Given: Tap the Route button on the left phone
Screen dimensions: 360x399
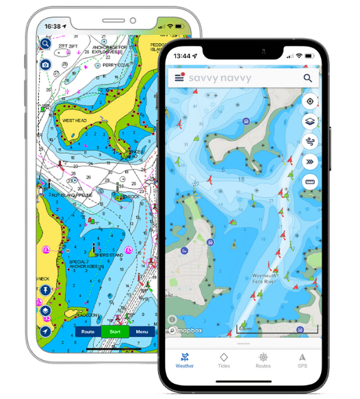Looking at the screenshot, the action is pyautogui.click(x=88, y=331).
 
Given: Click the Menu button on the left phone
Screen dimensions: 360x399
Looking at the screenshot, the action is pyautogui.click(x=142, y=331).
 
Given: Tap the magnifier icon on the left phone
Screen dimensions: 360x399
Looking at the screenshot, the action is pyautogui.click(x=45, y=44).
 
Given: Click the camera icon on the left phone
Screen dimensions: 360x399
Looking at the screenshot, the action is pyautogui.click(x=45, y=64).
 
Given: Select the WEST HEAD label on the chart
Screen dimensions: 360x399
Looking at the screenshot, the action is pyautogui.click(x=75, y=120).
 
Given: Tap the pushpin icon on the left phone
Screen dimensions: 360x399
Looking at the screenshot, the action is pyautogui.click(x=45, y=290).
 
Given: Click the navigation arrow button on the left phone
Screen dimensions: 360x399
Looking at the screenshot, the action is pyautogui.click(x=45, y=331).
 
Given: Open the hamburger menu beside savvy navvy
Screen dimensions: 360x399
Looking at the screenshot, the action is pyautogui.click(x=179, y=78).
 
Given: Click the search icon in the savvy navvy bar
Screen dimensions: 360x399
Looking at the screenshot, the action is pyautogui.click(x=308, y=78).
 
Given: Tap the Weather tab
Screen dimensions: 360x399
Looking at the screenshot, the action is pyautogui.click(x=185, y=361).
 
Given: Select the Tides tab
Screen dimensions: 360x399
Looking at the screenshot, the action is pyautogui.click(x=224, y=361).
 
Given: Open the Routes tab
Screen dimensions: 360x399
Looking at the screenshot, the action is pyautogui.click(x=263, y=361).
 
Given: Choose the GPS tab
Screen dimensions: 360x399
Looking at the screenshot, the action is pyautogui.click(x=302, y=361).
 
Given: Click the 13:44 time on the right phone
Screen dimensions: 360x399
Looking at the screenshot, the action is pyautogui.click(x=182, y=55).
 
